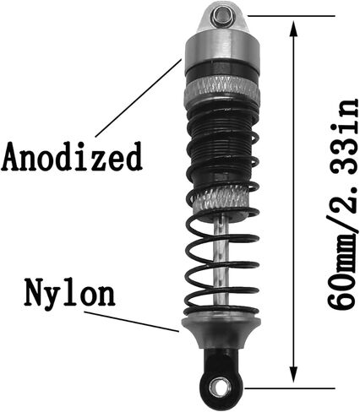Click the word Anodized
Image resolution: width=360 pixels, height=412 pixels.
pyautogui.click(x=72, y=156)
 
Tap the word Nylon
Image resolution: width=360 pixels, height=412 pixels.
pyautogui.click(x=69, y=293)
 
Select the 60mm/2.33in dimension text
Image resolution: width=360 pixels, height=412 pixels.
pyautogui.click(x=344, y=203)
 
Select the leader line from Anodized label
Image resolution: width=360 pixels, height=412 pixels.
pyautogui.click(x=138, y=97)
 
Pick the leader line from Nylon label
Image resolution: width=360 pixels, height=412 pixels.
pyautogui.click(x=132, y=322)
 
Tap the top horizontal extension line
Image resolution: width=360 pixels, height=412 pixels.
pyautogui.click(x=291, y=16)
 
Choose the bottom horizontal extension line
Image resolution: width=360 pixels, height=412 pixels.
pyautogui.click(x=291, y=388)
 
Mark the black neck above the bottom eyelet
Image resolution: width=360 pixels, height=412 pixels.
pyautogui.click(x=221, y=360)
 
